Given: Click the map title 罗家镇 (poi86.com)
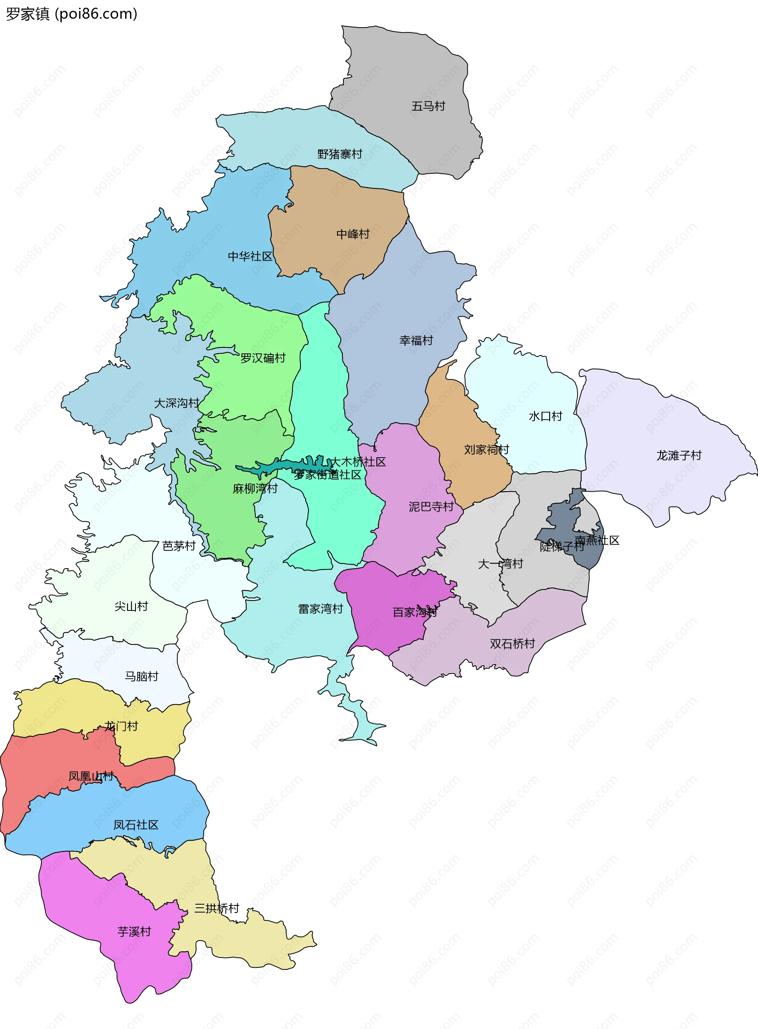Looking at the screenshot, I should pyautogui.click(x=71, y=14).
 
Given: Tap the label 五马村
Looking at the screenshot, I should pyautogui.click(x=428, y=106).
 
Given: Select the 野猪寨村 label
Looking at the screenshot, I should pyautogui.click(x=340, y=154).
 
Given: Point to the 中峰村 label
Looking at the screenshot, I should pyautogui.click(x=353, y=234).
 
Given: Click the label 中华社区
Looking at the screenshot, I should pyautogui.click(x=250, y=256).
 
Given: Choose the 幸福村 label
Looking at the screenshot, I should pyautogui.click(x=416, y=340).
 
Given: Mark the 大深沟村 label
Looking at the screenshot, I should pyautogui.click(x=176, y=403).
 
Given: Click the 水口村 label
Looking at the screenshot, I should pyautogui.click(x=545, y=416).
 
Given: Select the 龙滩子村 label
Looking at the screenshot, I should pyautogui.click(x=679, y=455).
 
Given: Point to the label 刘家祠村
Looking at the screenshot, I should pyautogui.click(x=486, y=449).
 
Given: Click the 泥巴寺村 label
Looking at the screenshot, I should pyautogui.click(x=431, y=506).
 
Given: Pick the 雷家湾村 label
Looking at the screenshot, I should pyautogui.click(x=320, y=608).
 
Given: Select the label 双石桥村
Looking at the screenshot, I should pyautogui.click(x=512, y=644).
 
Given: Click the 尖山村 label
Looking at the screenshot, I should pyautogui.click(x=131, y=606).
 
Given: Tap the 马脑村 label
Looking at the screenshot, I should pyautogui.click(x=141, y=676).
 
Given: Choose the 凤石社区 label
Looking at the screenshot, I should pyautogui.click(x=136, y=825).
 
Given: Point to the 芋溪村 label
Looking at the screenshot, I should pyautogui.click(x=134, y=932).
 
